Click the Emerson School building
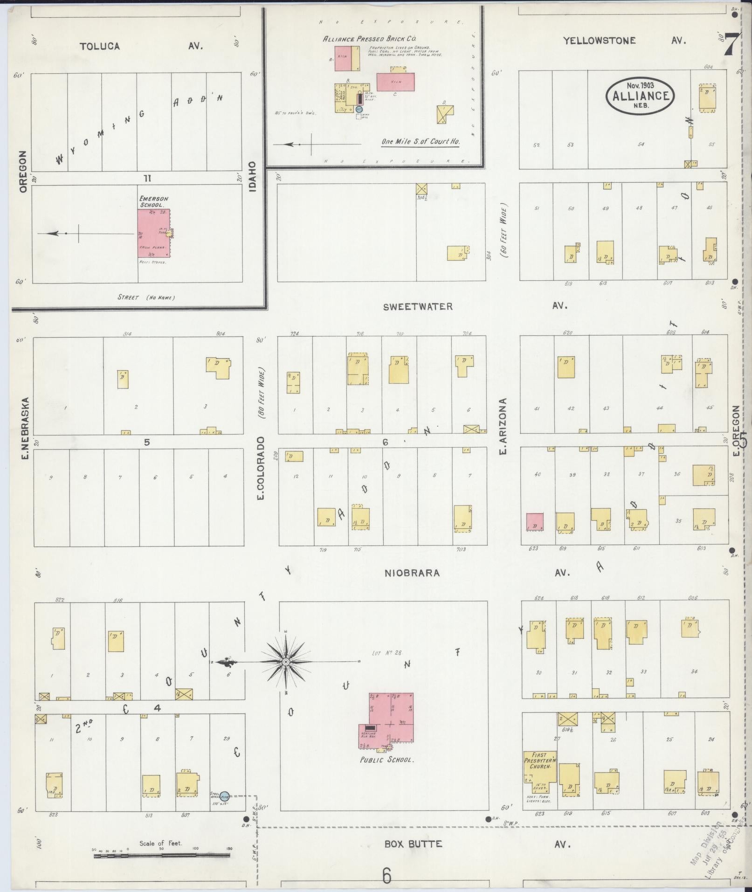tap(153, 233)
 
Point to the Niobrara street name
tap(412, 573)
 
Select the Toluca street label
tap(100, 46)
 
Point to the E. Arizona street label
tap(502, 426)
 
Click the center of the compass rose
tap(286, 662)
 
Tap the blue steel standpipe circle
tap(225, 795)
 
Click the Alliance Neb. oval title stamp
tap(640, 95)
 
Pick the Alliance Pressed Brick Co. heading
tap(369, 39)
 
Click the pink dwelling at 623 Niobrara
tap(535, 522)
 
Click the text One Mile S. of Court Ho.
tap(420, 142)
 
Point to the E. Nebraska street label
tap(25, 428)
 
